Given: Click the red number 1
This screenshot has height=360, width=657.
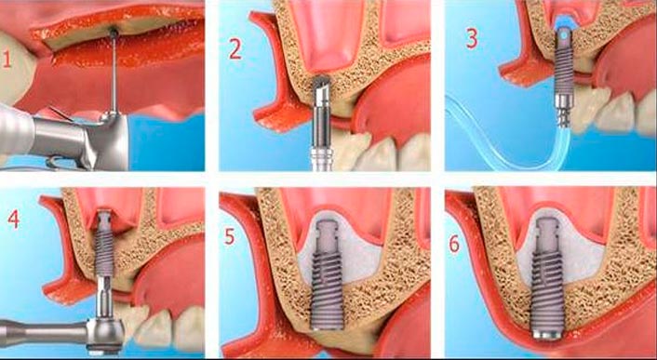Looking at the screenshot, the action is click(7, 59).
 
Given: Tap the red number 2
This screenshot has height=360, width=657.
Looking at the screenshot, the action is click(235, 48).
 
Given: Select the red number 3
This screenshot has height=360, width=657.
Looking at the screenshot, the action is click(472, 38).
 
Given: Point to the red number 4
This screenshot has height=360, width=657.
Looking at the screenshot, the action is click(13, 219).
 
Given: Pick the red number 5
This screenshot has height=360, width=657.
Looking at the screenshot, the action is click(230, 236).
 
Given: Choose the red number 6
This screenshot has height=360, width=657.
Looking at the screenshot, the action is click(455, 244).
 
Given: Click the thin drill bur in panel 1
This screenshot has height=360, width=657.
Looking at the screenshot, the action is click(114, 71).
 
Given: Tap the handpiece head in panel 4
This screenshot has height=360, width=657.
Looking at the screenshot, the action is click(105, 334).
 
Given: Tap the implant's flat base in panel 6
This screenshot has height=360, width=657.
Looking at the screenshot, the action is click(548, 334).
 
